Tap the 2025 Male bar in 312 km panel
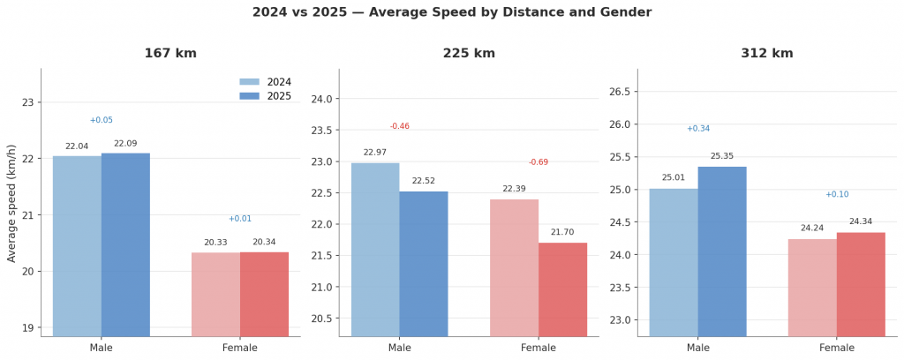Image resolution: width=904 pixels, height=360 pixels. (722, 251)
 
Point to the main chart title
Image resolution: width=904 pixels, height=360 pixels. (452, 12)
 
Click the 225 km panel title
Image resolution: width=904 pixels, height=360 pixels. (469, 54)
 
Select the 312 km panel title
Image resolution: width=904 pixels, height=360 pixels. (767, 54)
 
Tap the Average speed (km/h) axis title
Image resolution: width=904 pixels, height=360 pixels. (12, 203)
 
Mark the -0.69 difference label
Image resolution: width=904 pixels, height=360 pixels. (539, 162)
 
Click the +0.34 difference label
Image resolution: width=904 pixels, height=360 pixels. (698, 129)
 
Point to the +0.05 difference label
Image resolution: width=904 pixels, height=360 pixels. (102, 120)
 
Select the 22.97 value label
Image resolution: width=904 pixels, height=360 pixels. (375, 153)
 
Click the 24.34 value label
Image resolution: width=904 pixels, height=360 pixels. (861, 221)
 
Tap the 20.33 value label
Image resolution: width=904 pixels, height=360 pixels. (215, 243)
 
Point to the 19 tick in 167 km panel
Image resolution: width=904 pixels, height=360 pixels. (26, 327)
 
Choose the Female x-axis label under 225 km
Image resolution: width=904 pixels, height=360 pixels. (539, 348)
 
